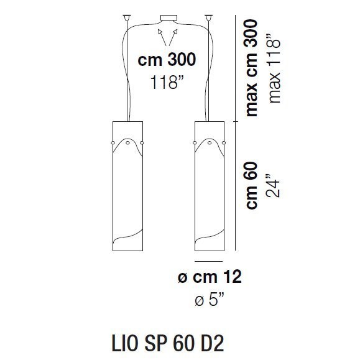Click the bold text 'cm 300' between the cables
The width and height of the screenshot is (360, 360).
pyautogui.click(x=166, y=60)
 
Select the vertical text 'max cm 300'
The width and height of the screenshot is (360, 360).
pyautogui.click(x=251, y=65)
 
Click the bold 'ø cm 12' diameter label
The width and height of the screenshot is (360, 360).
pyautogui.click(x=210, y=278)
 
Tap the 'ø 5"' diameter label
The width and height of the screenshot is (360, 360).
pyautogui.click(x=210, y=301)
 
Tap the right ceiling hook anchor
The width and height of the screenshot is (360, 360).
pyautogui.click(x=205, y=15)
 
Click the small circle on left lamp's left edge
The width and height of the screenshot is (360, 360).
pyautogui.click(x=113, y=144)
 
